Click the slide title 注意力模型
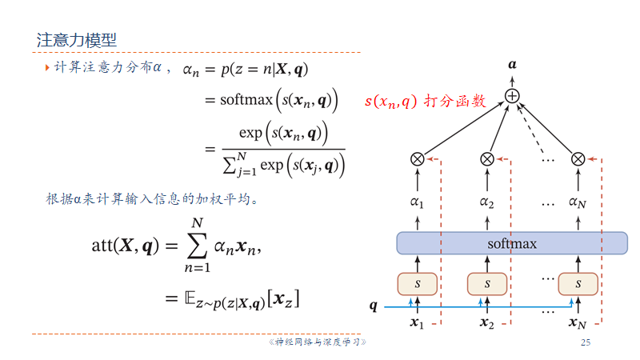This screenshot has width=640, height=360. pos(77,39)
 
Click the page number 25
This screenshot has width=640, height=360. pos(585,342)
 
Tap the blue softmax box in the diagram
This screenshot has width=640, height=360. pos(512,243)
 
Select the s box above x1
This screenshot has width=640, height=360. pos(417,283)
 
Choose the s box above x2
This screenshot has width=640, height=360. pos(486,283)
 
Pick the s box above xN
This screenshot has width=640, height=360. pos(578,283)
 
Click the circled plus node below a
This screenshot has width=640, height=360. pos(512,96)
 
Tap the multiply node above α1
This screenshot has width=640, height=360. pos(417,158)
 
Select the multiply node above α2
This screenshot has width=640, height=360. pos(486,158)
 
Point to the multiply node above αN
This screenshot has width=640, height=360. pos(578,158)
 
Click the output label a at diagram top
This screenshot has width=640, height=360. pos(512,62)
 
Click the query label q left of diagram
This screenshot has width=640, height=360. pos(373,306)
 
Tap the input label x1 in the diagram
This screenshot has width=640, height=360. pos(416,323)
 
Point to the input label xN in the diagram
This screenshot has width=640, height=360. pos(578,323)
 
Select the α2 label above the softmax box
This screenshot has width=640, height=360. pos(486,202)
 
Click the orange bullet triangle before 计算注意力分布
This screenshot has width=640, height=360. pos(47,70)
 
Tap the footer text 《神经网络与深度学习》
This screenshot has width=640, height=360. pos(315,342)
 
